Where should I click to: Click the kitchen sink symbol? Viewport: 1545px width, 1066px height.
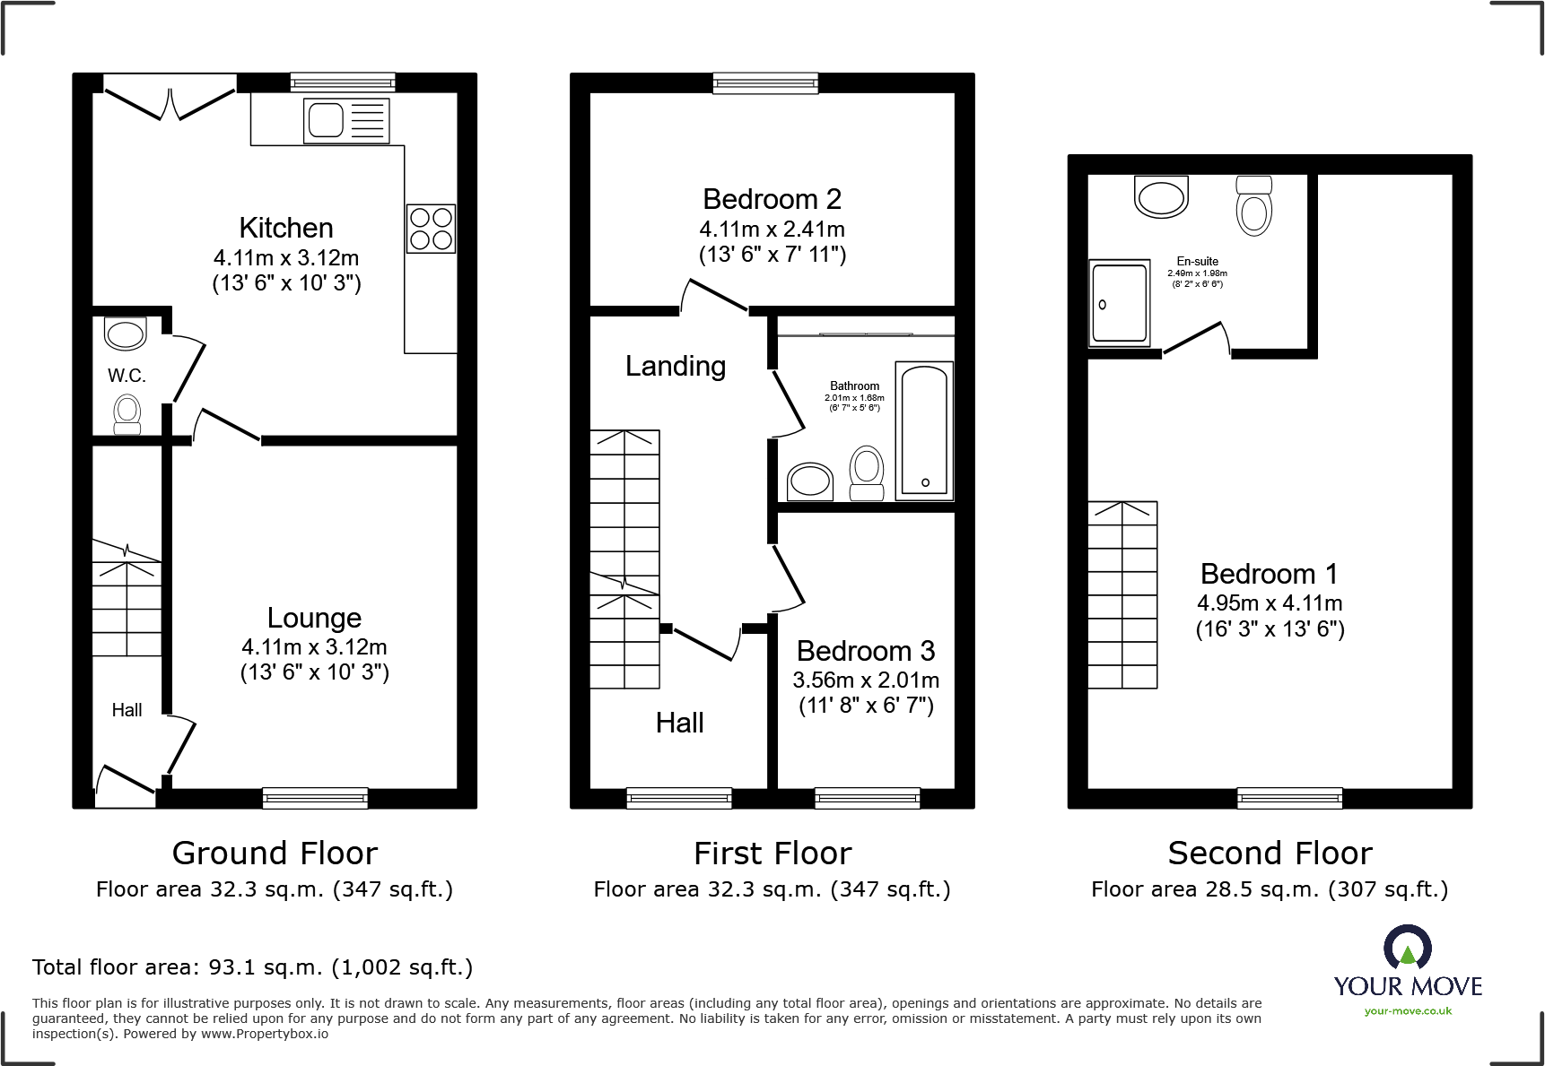tap(346, 120)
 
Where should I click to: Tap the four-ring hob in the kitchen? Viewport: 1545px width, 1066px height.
tap(431, 228)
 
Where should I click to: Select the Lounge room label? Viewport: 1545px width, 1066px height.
tap(314, 618)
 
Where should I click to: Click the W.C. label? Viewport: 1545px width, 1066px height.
tap(127, 376)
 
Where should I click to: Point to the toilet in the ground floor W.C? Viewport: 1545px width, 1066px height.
tap(127, 415)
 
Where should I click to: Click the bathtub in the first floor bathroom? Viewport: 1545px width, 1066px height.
tap(924, 430)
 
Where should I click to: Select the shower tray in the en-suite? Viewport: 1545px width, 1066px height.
tap(1119, 303)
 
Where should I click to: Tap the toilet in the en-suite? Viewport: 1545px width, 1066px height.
tap(1253, 206)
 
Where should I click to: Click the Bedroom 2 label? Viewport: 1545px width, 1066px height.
tap(772, 199)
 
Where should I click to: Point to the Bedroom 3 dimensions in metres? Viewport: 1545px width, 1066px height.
tap(866, 680)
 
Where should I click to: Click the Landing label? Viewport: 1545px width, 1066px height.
tap(675, 366)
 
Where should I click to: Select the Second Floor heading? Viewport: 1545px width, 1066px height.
tap(1270, 853)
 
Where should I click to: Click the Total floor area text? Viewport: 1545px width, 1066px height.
tap(252, 967)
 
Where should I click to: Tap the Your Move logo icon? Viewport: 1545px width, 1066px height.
tap(1407, 947)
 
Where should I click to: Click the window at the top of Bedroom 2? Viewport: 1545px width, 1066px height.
tap(765, 83)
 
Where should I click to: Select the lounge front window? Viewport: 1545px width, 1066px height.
tap(315, 798)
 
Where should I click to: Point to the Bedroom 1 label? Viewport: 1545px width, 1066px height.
tap(1269, 574)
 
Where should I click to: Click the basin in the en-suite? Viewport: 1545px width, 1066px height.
tap(1161, 195)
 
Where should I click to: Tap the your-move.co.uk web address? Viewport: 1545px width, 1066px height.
tap(1408, 1011)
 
